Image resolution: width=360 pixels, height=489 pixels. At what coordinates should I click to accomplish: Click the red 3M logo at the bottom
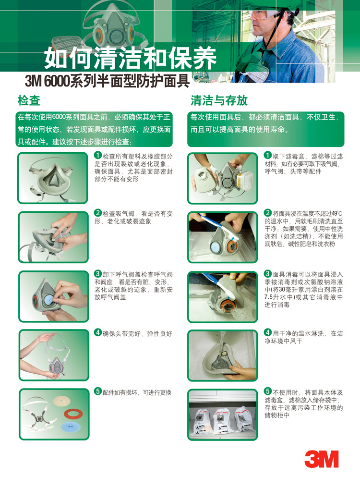click(x=321, y=459)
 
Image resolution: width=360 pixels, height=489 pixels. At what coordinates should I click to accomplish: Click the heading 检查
click(x=29, y=100)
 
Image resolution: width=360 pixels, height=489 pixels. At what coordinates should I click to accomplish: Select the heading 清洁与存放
click(x=219, y=100)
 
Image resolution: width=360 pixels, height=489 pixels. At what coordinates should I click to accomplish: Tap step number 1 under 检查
click(x=98, y=155)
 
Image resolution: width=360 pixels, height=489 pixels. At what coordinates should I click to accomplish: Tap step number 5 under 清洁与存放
click(x=268, y=391)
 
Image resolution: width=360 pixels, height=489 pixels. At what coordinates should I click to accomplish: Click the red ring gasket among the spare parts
click(x=73, y=414)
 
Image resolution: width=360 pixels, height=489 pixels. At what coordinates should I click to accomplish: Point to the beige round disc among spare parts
click(x=61, y=401)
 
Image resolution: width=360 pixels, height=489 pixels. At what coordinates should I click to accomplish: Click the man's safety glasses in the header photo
click(x=265, y=14)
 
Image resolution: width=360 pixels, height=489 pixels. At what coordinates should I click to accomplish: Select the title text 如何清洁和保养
click(x=130, y=58)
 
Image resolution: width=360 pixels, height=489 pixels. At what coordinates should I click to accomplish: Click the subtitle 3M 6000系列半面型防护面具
click(x=108, y=81)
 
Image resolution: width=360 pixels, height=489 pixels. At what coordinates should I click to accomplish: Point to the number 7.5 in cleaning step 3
click(x=269, y=297)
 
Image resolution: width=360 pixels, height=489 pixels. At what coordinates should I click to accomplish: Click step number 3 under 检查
click(x=98, y=273)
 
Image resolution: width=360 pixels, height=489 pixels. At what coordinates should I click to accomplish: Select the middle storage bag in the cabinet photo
click(x=223, y=421)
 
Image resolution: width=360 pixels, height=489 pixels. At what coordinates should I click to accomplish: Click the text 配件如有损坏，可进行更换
click(x=137, y=392)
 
